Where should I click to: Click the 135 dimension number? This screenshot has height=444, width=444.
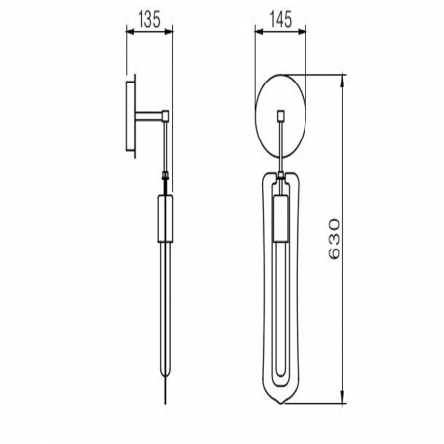(148, 17)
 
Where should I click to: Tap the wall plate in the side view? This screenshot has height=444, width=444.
(131, 117)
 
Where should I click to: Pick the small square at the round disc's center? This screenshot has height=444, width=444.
(281, 116)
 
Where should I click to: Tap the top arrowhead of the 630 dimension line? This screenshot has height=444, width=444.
(343, 80)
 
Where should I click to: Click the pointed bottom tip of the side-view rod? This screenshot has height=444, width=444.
(164, 398)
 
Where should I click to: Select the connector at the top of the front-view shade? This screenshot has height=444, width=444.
(281, 177)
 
